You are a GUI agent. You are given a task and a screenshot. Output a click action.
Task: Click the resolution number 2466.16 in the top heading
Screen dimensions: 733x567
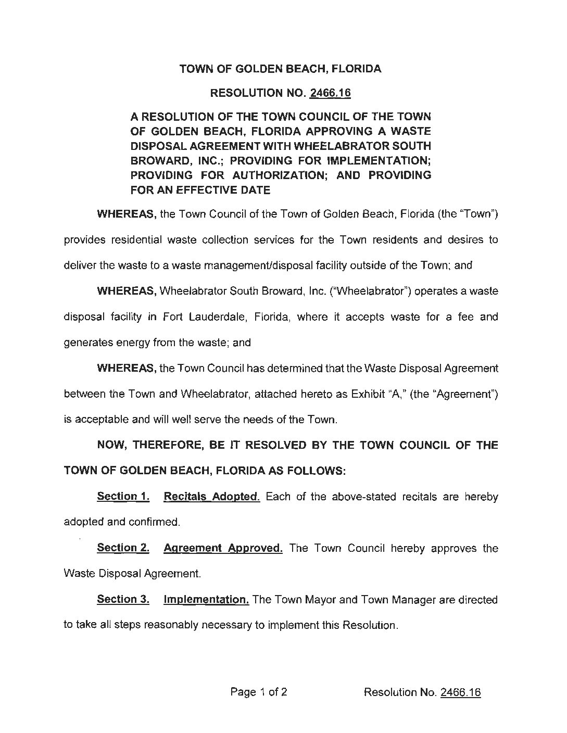click(x=330, y=94)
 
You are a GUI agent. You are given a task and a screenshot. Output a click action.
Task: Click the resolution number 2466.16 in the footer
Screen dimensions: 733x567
click(x=460, y=692)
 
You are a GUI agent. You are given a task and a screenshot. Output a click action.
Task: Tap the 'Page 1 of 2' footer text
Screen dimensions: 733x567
click(x=259, y=692)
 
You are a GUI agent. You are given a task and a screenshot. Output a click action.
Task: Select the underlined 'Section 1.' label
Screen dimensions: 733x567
click(x=123, y=497)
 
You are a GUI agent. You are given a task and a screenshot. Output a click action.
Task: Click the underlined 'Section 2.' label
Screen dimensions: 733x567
click(x=123, y=548)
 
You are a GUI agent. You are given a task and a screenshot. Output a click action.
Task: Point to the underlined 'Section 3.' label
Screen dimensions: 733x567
click(x=123, y=600)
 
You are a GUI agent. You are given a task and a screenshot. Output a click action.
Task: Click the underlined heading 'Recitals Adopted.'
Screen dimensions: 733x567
click(x=211, y=497)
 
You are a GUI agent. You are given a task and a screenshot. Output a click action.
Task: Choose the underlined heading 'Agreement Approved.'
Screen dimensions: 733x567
click(x=223, y=548)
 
